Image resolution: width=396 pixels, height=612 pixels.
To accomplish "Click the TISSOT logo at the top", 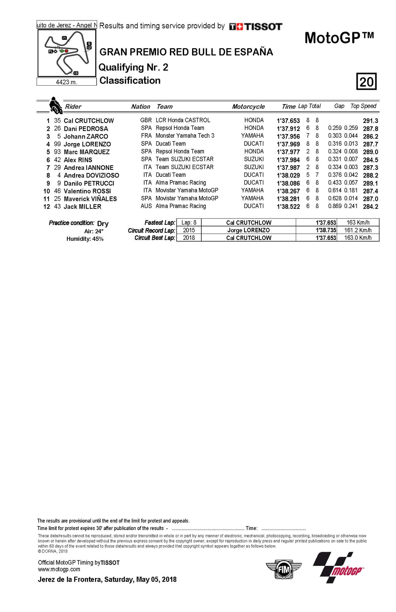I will pyautogui.click(x=256, y=27).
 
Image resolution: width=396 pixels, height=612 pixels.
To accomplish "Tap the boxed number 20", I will pyautogui.click(x=366, y=81).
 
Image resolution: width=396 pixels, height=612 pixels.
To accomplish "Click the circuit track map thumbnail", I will pyautogui.click(x=67, y=53).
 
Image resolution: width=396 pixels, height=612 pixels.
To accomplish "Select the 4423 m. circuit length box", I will pyautogui.click(x=66, y=82).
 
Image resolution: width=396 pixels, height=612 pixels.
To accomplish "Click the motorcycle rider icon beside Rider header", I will pyautogui.click(x=55, y=106).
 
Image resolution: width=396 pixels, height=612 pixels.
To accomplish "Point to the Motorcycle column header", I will pyautogui.click(x=248, y=106).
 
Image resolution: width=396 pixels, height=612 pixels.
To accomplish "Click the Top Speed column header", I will pyautogui.click(x=363, y=106).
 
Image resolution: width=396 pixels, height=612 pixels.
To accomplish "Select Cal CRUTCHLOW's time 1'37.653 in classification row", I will pyautogui.click(x=288, y=121).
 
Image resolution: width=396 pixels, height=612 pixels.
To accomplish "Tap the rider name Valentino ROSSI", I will pyautogui.click(x=87, y=191).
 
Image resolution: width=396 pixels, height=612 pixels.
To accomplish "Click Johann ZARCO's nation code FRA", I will pyautogui.click(x=146, y=136).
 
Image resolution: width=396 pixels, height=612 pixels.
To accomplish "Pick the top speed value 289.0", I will pyautogui.click(x=370, y=152).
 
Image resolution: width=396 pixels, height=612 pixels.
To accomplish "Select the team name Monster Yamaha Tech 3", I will pyautogui.click(x=185, y=136).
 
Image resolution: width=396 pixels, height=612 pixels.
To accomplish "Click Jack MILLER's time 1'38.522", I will pyautogui.click(x=288, y=207).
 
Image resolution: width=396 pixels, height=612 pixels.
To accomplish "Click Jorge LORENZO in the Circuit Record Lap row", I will pyautogui.click(x=248, y=230).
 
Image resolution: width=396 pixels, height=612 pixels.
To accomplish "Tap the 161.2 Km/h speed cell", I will pyautogui.click(x=358, y=230).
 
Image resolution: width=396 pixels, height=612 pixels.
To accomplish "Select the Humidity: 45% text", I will pyautogui.click(x=85, y=239).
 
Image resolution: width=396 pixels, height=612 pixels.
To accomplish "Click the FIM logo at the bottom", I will pyautogui.click(x=283, y=569).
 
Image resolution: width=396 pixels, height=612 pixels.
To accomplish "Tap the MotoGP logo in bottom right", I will pyautogui.click(x=338, y=567).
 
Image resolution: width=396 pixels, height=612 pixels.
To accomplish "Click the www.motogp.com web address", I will pyautogui.click(x=59, y=569).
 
